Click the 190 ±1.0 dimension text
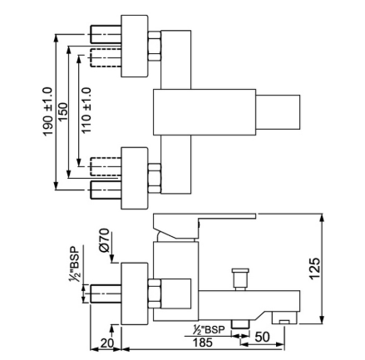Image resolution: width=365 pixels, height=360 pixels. tap(47, 111)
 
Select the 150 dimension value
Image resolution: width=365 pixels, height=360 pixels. tap(63, 111)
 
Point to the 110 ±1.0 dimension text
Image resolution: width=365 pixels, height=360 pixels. tap(86, 111)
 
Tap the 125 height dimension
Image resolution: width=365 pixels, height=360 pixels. tap(315, 269)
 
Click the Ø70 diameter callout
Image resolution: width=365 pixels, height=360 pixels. tap(104, 240)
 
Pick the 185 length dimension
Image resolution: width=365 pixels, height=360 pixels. tap(203, 343)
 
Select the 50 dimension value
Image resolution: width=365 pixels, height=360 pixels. tap(262, 337)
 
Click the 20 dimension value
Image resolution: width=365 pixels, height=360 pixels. tap(107, 343)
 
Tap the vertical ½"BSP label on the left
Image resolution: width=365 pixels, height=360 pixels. tap(74, 264)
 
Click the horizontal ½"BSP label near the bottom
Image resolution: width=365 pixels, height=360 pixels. tap(209, 330)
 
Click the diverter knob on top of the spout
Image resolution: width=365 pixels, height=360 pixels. tap(240, 279)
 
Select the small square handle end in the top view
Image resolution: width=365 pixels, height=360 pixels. tap(278, 112)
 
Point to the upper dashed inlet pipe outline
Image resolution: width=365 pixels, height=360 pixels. tap(106, 57)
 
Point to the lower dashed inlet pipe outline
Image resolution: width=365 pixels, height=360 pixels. tap(106, 166)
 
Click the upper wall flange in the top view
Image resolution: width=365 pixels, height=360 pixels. tap(134, 46)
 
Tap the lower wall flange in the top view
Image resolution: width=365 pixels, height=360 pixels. tap(134, 178)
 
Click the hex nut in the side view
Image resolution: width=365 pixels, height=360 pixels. tap(155, 293)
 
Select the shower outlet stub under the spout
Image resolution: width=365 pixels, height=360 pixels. tap(240, 324)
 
